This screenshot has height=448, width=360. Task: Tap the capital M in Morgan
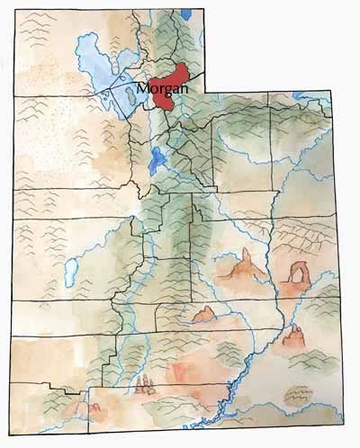click(145, 88)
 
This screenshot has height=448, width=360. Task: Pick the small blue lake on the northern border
click(185, 13)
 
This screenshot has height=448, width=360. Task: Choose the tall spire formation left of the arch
click(242, 266)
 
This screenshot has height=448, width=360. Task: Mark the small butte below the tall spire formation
click(203, 314)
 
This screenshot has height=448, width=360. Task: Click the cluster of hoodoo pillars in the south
click(142, 387)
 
